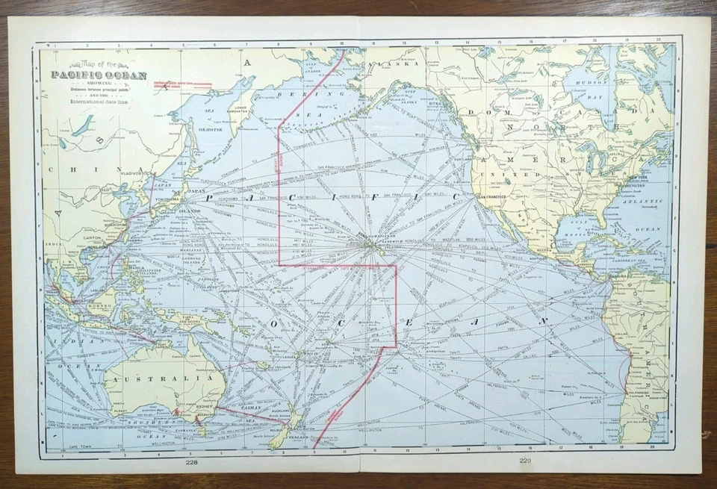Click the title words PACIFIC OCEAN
point(99,75)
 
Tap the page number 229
point(524,460)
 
